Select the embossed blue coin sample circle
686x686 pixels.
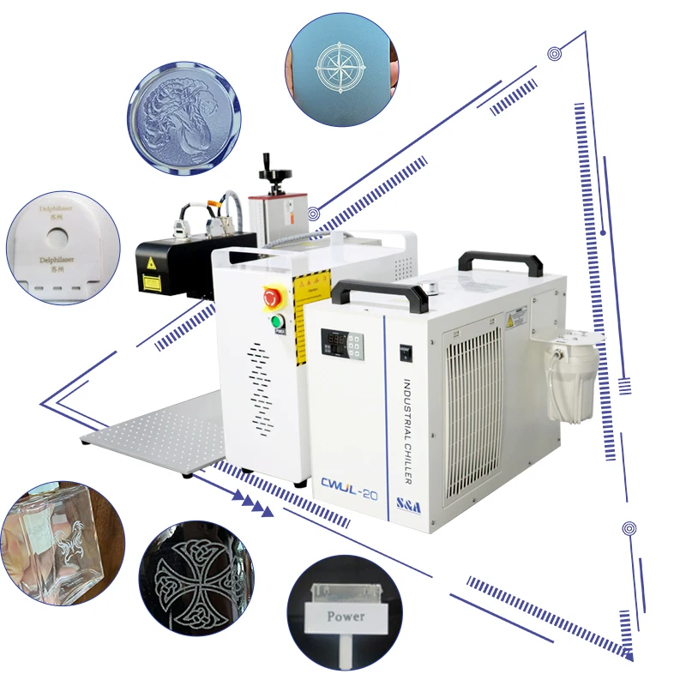[184, 117]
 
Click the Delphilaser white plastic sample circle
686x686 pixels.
[61, 249]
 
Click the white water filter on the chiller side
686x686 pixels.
[574, 376]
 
